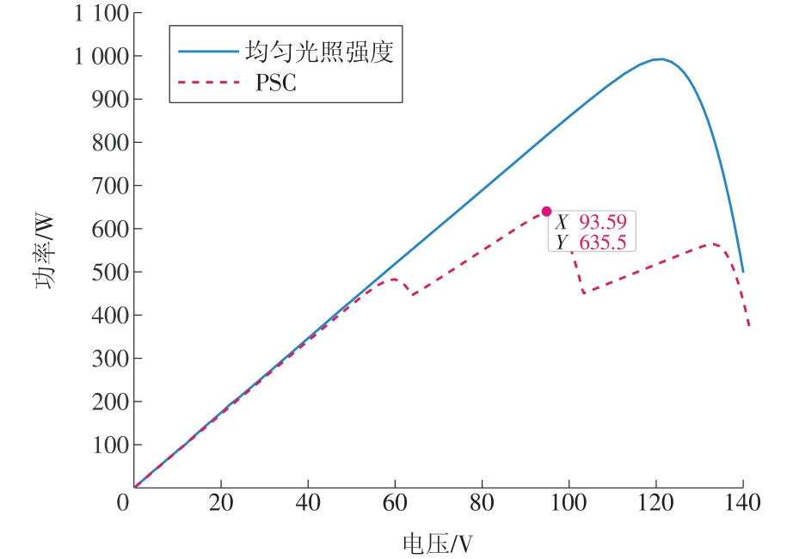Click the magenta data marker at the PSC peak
[546, 212]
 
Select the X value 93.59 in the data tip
[602, 221]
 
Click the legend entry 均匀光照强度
[318, 52]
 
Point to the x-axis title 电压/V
[438, 544]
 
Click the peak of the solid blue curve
[658, 58]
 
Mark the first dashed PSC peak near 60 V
[394, 279]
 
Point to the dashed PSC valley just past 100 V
[585, 292]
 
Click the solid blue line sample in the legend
[207, 52]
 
